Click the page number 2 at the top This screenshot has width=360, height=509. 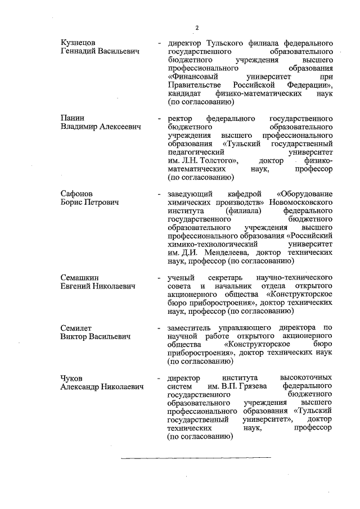197,28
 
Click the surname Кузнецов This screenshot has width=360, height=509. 78,42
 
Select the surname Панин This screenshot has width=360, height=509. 71,118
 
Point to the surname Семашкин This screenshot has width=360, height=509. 80,277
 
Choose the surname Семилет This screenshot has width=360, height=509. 77,327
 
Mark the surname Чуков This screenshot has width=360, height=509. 74,377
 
